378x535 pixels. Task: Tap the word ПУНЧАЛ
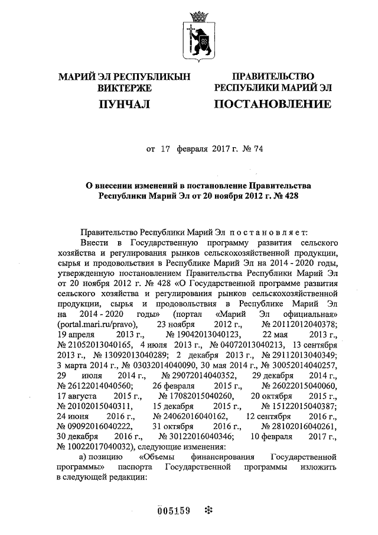click(123, 105)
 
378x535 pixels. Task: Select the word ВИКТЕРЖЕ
click(124, 88)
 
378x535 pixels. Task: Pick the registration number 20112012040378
click(299, 325)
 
